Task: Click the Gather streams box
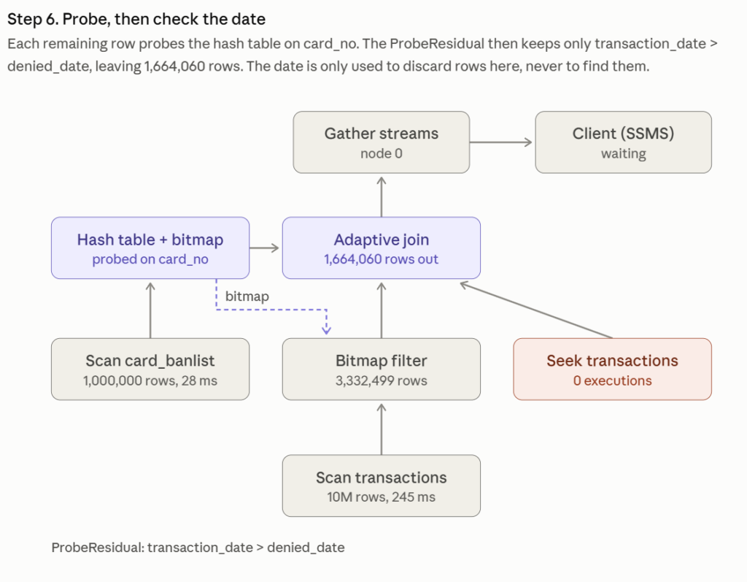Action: tap(381, 142)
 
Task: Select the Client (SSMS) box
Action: tap(623, 142)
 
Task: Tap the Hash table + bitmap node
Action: tap(150, 248)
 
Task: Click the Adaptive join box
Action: tap(381, 248)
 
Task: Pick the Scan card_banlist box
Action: tap(150, 370)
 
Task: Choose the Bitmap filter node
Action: tap(381, 370)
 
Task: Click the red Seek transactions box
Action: tap(612, 370)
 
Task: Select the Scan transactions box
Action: tap(381, 486)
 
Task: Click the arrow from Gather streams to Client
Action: tap(500, 142)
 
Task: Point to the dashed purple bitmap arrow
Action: tap(271, 310)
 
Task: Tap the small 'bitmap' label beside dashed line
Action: tap(247, 296)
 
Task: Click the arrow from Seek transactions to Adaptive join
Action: tap(536, 310)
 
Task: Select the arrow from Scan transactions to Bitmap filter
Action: tap(381, 429)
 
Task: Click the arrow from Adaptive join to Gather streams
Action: tap(381, 197)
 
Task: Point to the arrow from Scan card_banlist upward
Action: tap(150, 310)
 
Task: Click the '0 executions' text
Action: tap(612, 380)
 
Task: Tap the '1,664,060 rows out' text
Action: tap(381, 259)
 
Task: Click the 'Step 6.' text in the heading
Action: tap(33, 19)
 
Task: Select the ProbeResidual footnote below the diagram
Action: tap(198, 547)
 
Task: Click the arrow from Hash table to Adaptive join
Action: tap(264, 248)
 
